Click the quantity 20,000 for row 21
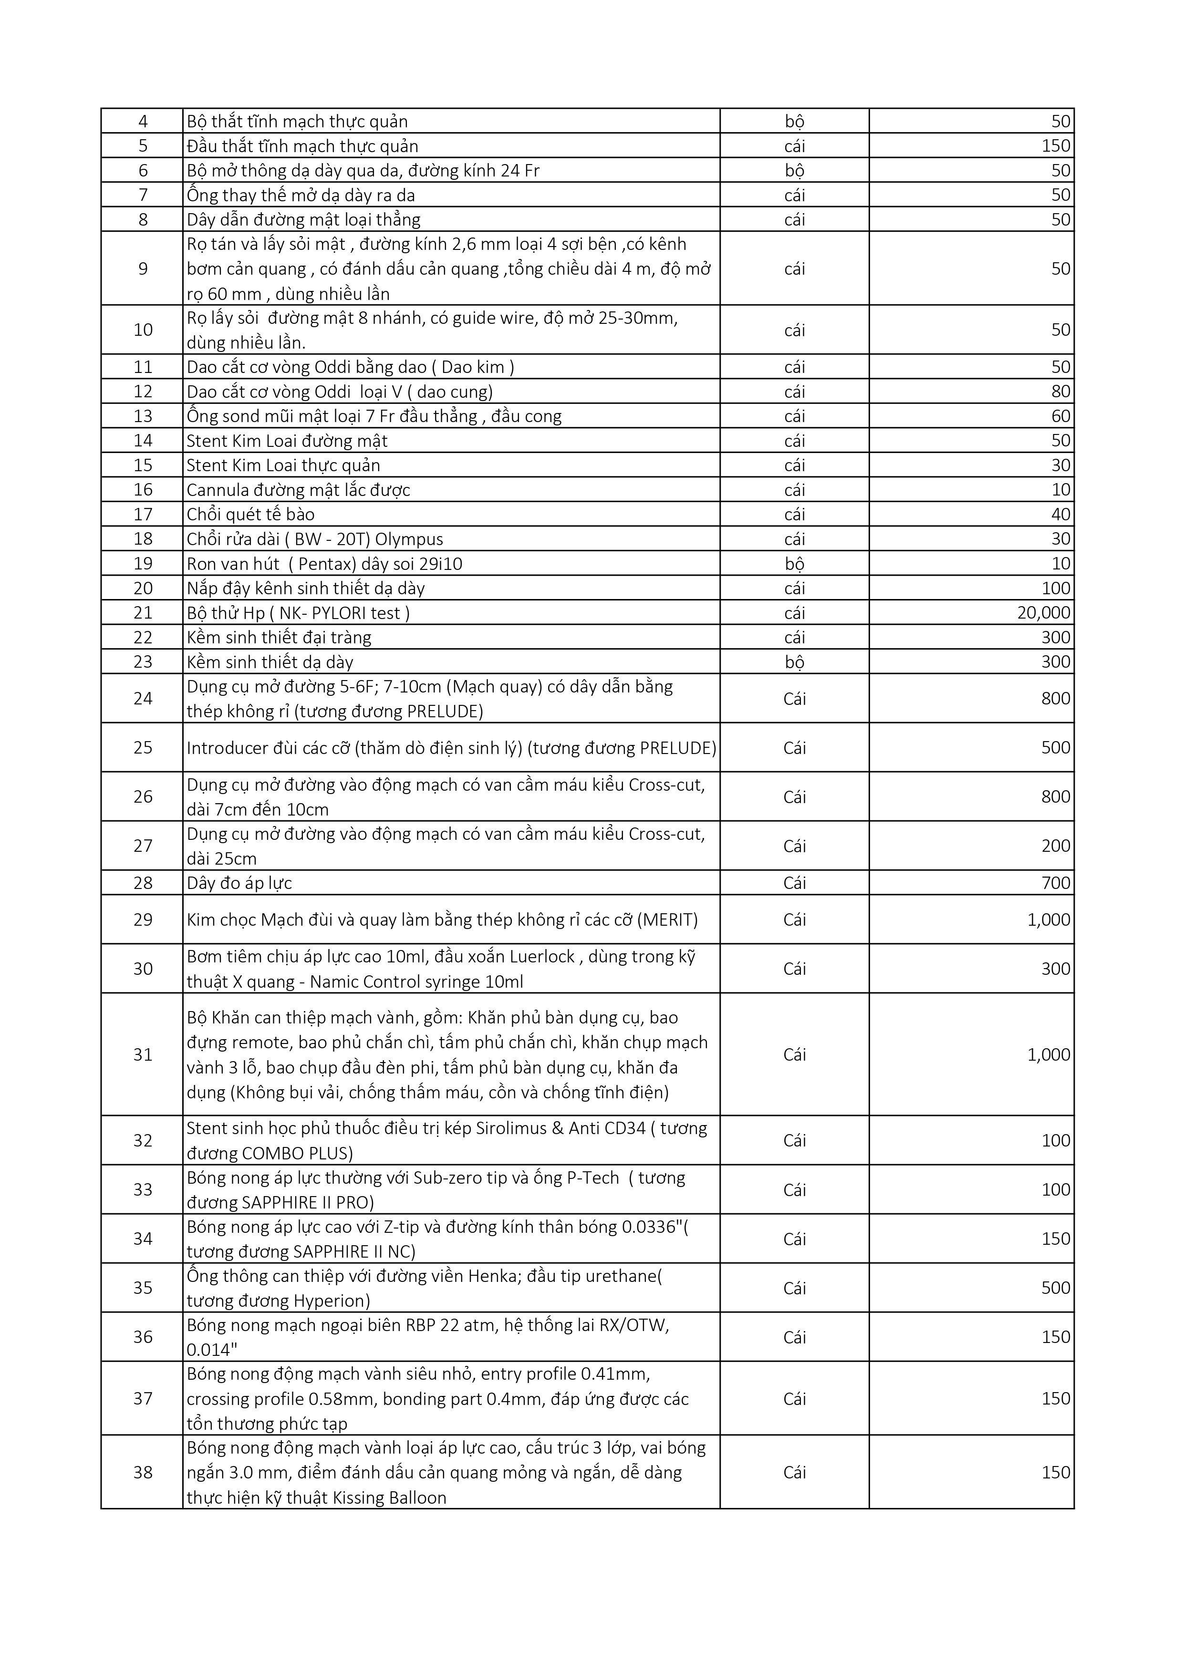click(x=1043, y=613)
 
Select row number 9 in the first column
click(x=143, y=269)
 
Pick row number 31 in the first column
click(x=143, y=1054)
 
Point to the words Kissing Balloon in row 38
click(x=389, y=1498)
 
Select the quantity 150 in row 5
click(x=1056, y=146)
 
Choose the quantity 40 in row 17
click(x=1060, y=515)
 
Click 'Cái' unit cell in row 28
click(x=795, y=883)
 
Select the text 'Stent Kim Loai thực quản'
click(x=283, y=465)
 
